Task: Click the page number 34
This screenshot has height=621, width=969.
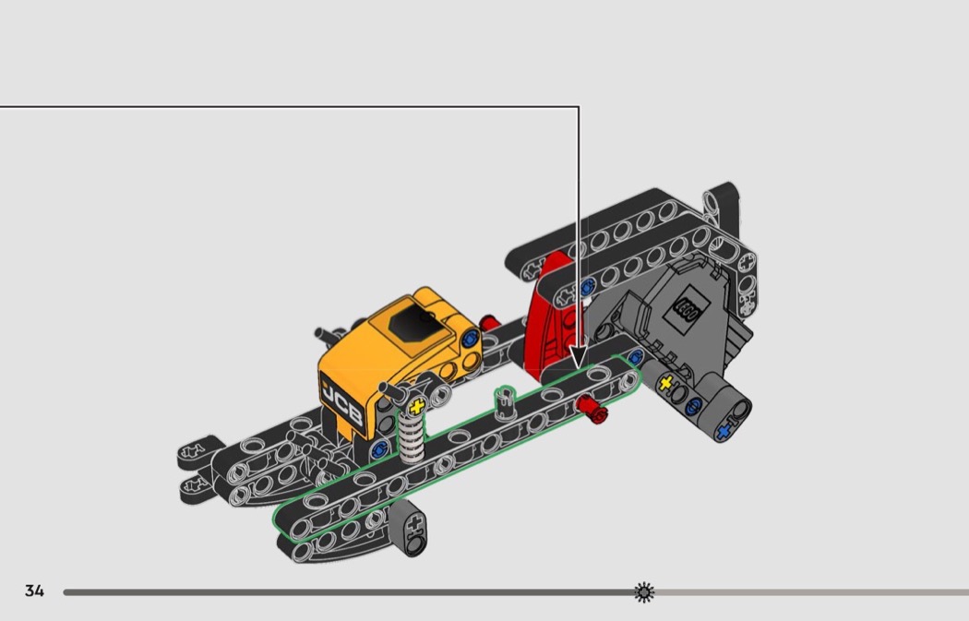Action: (35, 591)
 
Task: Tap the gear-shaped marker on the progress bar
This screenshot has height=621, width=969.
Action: (644, 592)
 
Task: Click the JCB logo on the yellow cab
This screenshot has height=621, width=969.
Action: (341, 404)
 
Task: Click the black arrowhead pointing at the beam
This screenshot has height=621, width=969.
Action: (579, 358)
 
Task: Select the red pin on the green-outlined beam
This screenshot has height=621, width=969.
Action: (592, 411)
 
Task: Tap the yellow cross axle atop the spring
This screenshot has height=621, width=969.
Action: (417, 406)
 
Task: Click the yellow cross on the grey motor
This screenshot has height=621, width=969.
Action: (665, 383)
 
